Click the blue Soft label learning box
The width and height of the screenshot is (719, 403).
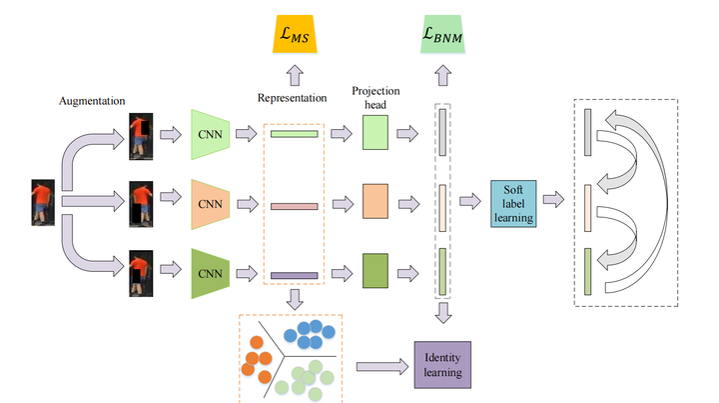click(515, 204)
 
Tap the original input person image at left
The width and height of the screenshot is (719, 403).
click(42, 204)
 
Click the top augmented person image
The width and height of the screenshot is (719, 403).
click(141, 135)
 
